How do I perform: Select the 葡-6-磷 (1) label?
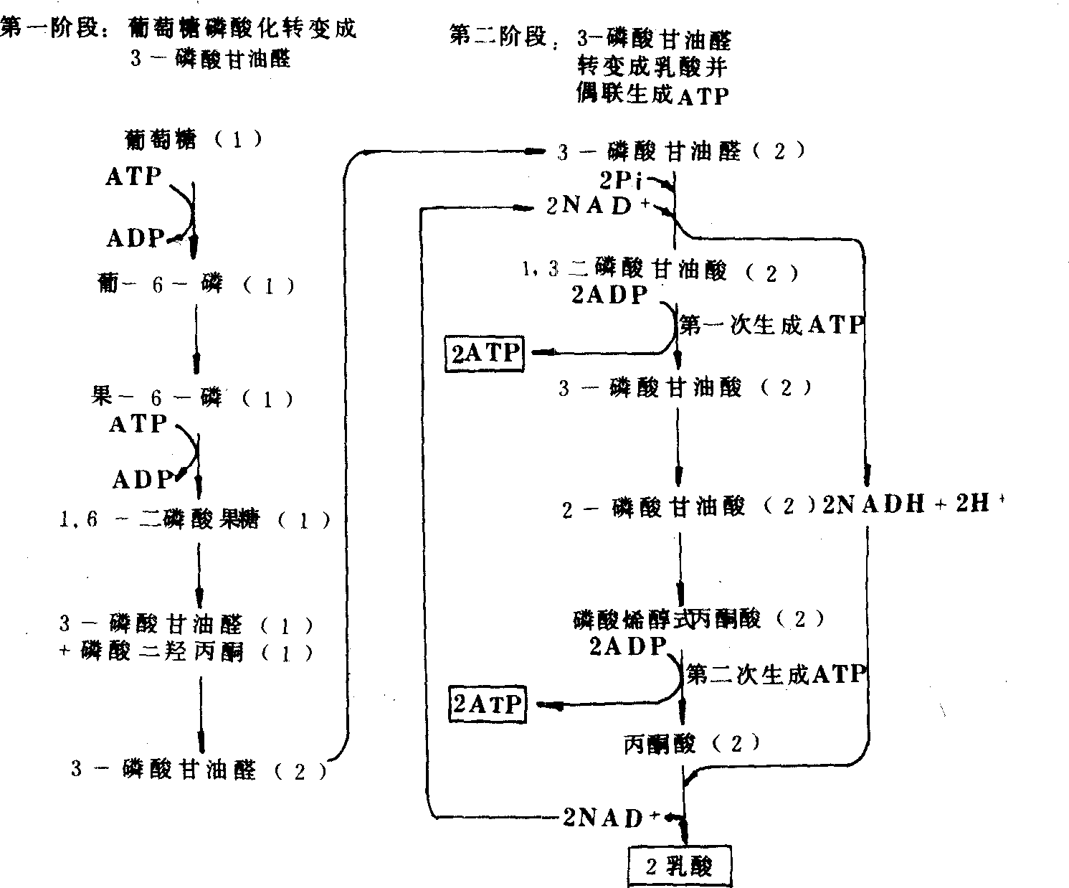click(195, 285)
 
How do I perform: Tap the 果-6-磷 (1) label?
click(192, 398)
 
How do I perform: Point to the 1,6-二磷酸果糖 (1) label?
click(194, 519)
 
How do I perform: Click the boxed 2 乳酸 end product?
click(680, 866)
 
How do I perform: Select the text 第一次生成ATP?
click(771, 326)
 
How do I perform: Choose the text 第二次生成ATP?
click(776, 674)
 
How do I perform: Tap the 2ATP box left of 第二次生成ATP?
click(488, 704)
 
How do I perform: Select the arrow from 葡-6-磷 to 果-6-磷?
click(195, 337)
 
